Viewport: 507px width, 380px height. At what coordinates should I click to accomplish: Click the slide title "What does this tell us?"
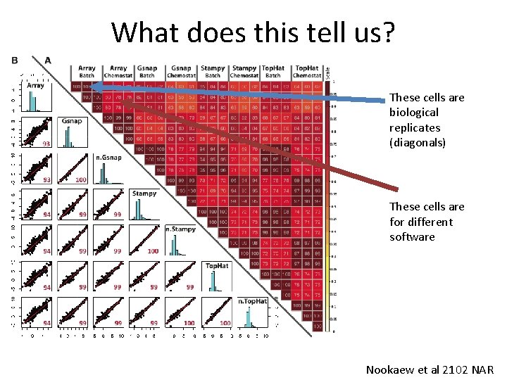point(253,32)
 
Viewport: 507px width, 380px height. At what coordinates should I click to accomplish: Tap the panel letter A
point(48,61)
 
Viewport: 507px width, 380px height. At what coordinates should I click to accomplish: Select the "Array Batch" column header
point(87,72)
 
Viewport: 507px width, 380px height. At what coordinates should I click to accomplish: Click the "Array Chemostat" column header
point(118,72)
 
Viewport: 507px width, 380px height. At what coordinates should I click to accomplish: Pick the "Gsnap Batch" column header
point(147,72)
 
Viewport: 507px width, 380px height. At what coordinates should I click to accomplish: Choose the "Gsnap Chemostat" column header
point(180,72)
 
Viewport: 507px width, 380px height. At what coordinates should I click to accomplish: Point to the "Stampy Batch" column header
point(213,72)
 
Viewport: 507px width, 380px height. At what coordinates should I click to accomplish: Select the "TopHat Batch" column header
point(273,72)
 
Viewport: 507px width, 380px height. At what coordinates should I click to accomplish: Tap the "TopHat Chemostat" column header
point(307,72)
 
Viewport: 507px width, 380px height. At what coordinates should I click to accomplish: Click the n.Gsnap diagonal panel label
point(108,157)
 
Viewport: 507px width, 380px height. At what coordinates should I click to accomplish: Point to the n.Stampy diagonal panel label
point(181,229)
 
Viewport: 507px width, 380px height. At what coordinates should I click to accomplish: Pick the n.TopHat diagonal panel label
point(253,301)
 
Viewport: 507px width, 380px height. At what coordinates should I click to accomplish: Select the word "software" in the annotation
point(412,237)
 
